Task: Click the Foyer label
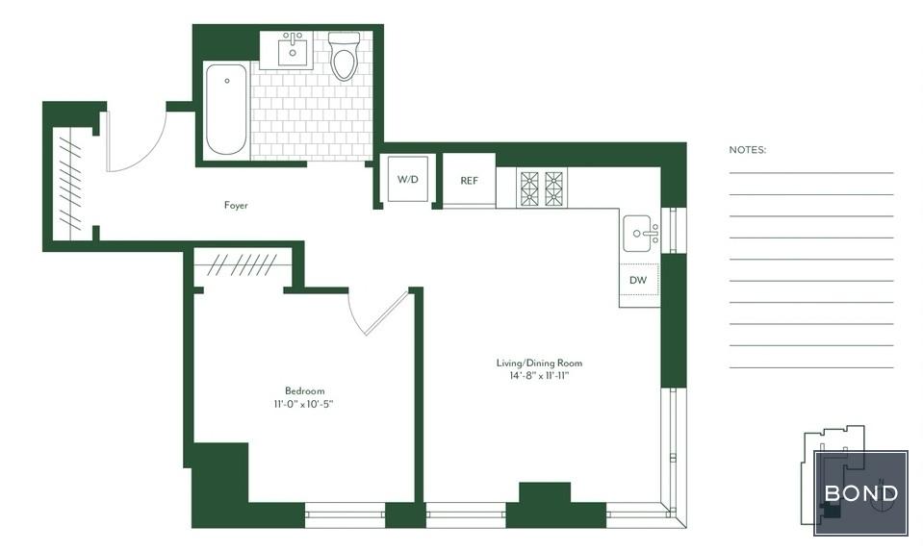236,205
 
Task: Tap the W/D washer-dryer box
407,180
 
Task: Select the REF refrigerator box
469,180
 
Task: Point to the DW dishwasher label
638,281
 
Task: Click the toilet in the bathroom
344,56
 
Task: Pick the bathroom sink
292,51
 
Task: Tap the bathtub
226,110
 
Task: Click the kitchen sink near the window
640,234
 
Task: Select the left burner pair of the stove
529,188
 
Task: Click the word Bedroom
304,391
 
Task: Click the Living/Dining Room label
539,363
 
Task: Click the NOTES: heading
748,150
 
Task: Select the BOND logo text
861,493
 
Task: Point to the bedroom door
387,313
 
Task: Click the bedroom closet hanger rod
243,265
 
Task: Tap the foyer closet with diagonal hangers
70,184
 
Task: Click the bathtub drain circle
227,81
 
